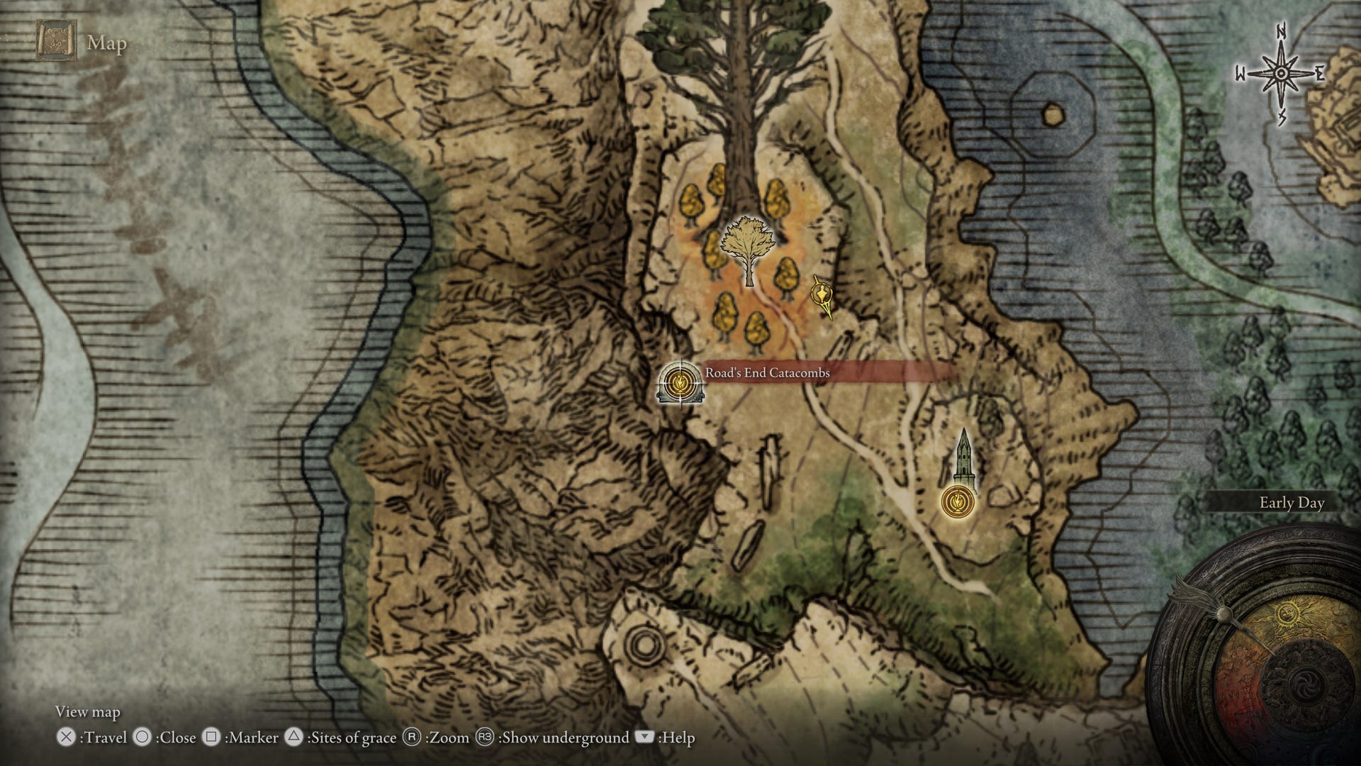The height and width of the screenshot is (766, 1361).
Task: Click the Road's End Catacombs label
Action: click(767, 372)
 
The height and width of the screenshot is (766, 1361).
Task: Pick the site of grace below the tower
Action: click(957, 501)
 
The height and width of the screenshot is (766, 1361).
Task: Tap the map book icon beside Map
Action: click(57, 43)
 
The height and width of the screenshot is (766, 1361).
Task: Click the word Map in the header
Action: click(107, 43)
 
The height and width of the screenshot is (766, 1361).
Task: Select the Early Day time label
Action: click(1292, 503)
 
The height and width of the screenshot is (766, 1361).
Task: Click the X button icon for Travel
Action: click(66, 738)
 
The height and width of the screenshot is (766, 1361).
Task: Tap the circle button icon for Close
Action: click(142, 738)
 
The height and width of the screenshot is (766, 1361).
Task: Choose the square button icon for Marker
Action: click(211, 738)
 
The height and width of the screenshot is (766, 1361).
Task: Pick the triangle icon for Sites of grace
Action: click(294, 738)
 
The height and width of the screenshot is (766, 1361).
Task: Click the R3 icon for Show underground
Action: click(485, 738)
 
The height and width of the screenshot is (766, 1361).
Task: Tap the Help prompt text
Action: click(677, 738)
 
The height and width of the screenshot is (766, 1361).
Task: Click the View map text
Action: click(88, 711)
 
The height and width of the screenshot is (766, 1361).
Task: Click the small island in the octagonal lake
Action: click(1053, 111)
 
